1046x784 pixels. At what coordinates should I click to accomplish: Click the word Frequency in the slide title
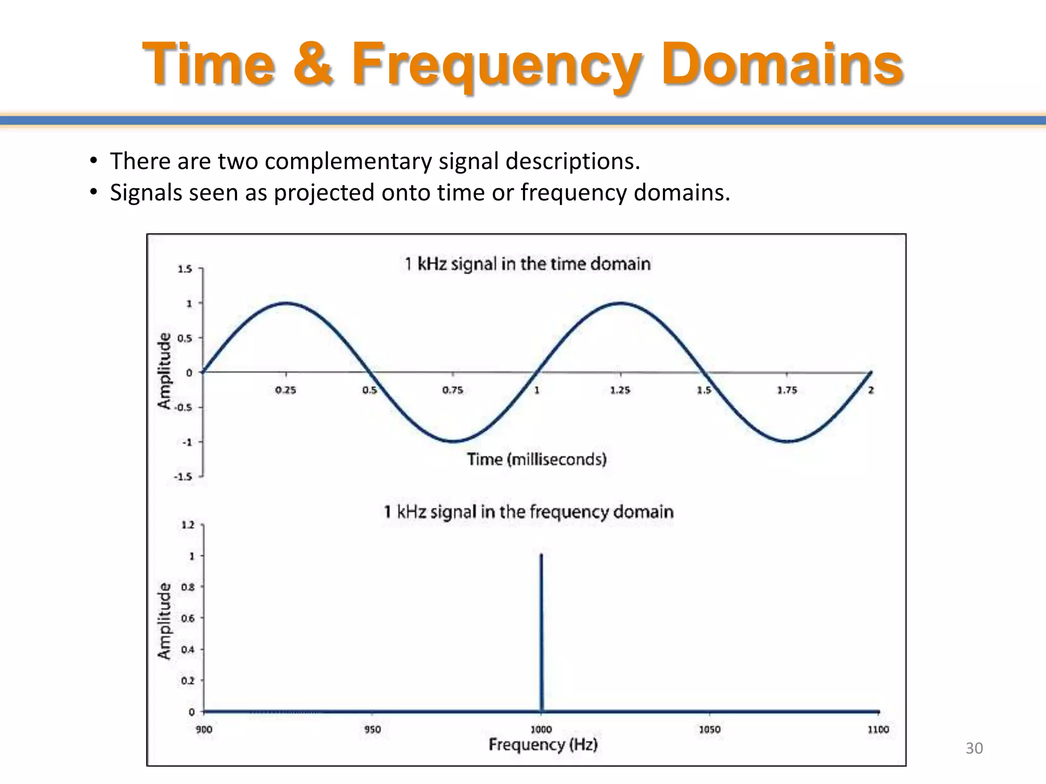click(495, 65)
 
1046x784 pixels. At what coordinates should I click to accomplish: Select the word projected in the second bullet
click(324, 193)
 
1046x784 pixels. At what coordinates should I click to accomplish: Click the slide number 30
click(973, 748)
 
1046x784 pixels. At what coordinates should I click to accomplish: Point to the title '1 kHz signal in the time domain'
click(527, 264)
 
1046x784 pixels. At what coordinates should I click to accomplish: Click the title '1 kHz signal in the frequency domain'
click(528, 511)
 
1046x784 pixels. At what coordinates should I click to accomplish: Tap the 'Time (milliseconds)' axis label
click(536, 459)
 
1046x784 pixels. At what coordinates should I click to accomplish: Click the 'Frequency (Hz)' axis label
click(543, 745)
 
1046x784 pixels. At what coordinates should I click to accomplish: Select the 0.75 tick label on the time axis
click(453, 390)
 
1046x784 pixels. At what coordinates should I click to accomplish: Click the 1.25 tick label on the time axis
click(620, 390)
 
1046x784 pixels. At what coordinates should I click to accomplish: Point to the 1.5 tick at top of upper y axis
click(185, 268)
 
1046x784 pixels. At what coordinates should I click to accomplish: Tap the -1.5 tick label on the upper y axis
click(183, 477)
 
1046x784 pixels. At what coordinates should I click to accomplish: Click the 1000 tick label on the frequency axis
click(541, 729)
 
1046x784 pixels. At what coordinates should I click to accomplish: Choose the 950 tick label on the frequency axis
click(372, 729)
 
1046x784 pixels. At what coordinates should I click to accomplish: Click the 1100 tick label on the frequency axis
click(878, 729)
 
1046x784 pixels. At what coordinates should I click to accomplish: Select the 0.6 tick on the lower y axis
click(188, 618)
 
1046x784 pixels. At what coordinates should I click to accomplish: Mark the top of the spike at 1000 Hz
click(541, 555)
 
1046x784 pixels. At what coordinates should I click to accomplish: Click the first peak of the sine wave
click(286, 303)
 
